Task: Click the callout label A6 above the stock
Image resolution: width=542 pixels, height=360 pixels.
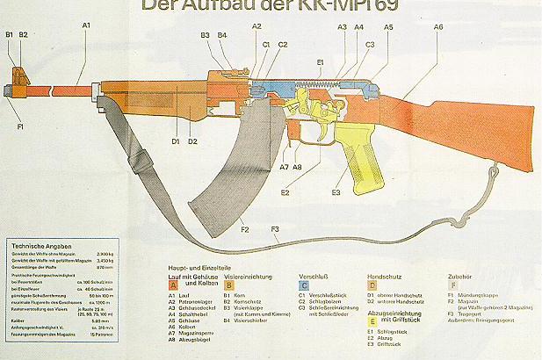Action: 438,27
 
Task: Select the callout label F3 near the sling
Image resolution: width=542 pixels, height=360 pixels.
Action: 275,230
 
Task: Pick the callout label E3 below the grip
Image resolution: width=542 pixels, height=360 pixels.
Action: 336,191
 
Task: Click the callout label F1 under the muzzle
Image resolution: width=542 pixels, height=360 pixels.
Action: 20,127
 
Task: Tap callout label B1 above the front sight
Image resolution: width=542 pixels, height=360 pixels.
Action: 10,34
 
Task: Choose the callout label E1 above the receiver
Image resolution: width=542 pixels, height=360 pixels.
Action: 320,61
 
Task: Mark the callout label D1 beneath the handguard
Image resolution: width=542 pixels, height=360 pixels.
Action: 176,140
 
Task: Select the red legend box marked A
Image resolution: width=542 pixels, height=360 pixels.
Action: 173,284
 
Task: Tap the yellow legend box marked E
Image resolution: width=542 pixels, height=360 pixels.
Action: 372,321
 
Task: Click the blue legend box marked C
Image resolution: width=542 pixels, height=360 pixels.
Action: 304,284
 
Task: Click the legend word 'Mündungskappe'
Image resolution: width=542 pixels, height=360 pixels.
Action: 481,296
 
